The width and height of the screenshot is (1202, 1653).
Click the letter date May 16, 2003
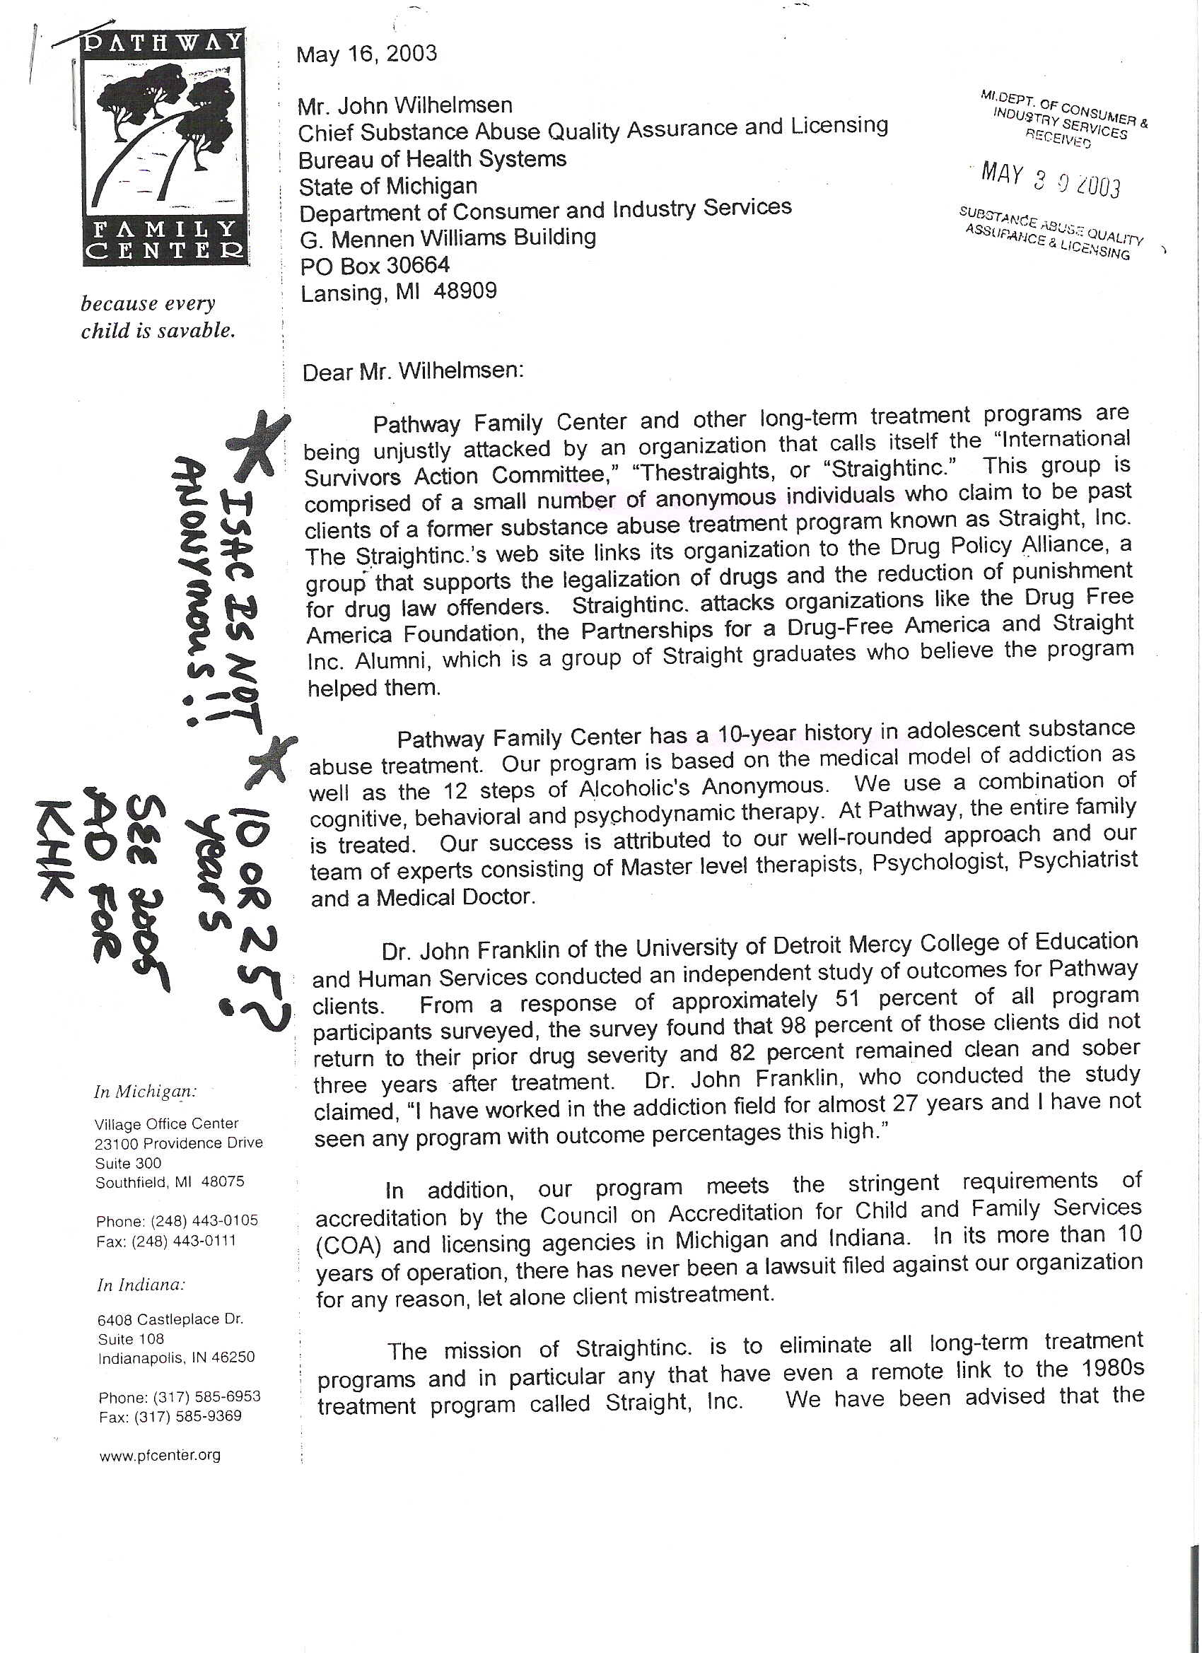coord(366,54)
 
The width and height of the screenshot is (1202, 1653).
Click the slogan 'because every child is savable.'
coord(158,317)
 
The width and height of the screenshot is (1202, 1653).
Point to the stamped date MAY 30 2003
coord(1051,180)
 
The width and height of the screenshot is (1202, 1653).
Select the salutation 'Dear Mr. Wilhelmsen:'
coord(413,371)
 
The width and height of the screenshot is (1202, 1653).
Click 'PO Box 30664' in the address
coord(375,264)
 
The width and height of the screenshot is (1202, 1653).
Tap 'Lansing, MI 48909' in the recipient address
coord(398,292)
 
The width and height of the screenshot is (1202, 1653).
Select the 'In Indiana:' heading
coord(141,1285)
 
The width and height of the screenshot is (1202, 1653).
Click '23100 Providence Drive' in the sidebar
coord(179,1143)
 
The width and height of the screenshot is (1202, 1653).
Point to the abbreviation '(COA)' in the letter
coord(349,1245)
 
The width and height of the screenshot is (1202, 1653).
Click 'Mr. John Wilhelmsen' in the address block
coord(404,105)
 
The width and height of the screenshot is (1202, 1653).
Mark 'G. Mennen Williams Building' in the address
coord(448,238)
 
